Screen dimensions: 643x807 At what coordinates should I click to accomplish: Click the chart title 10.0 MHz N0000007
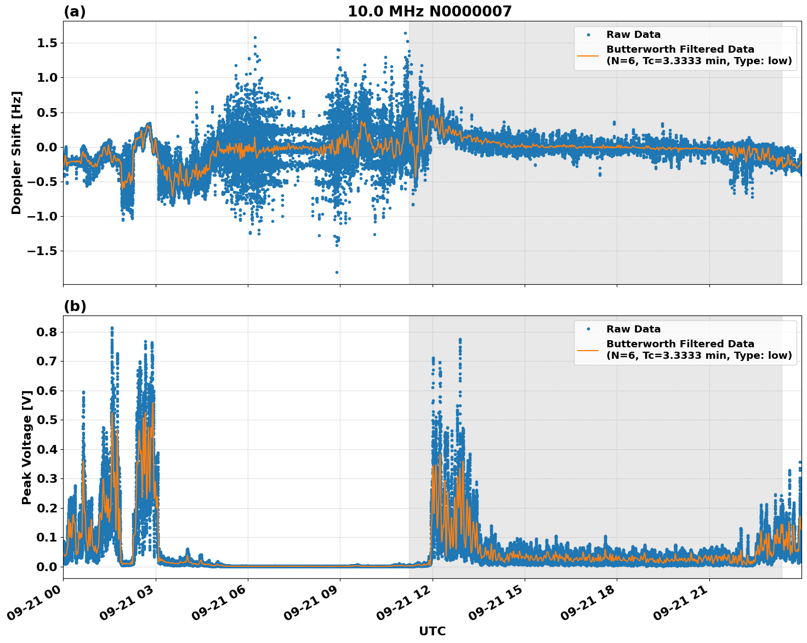(429, 12)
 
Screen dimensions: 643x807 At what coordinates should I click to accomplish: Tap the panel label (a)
(75, 12)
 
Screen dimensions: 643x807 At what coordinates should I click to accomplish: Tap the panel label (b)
(75, 306)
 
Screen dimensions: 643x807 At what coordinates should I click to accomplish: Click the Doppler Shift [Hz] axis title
(16, 153)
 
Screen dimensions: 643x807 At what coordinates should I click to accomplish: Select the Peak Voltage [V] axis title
(26, 447)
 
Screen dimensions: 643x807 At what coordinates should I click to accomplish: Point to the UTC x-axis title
(432, 631)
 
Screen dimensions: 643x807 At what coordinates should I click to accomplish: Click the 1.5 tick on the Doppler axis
(46, 43)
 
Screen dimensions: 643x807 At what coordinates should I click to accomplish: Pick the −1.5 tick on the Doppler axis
(43, 251)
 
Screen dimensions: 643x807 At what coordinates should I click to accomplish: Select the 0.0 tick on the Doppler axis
(46, 147)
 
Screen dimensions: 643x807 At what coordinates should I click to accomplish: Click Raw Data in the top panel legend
(633, 35)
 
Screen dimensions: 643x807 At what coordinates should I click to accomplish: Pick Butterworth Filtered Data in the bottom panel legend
(680, 344)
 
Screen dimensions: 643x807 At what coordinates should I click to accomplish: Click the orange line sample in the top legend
(588, 55)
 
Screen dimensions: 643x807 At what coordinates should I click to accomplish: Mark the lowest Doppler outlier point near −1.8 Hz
(337, 272)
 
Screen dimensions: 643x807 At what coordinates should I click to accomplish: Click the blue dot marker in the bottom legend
(588, 329)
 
